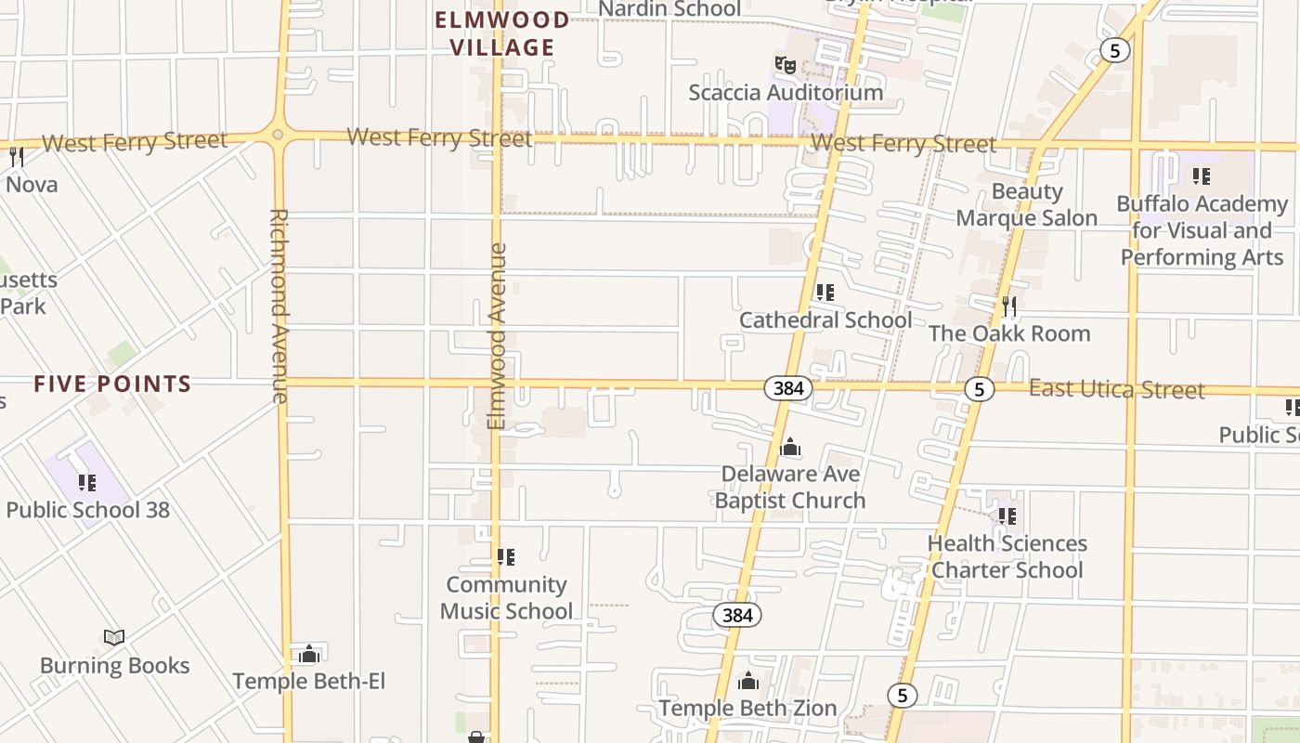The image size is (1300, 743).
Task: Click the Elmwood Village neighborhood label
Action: click(x=501, y=33)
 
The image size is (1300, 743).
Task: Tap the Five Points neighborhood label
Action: click(x=112, y=384)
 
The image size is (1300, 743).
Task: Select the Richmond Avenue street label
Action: click(x=279, y=305)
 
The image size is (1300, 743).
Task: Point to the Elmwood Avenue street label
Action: click(x=497, y=335)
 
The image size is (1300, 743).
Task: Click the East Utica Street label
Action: click(x=1116, y=389)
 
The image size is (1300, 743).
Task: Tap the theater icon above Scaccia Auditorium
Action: click(x=786, y=64)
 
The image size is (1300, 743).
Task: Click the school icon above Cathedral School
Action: click(x=825, y=293)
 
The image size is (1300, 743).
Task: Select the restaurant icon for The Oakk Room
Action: click(x=1008, y=306)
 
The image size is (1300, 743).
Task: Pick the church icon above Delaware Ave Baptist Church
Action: click(x=790, y=447)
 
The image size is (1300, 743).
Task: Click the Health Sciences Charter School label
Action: click(x=1007, y=556)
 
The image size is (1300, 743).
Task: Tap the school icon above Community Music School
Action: click(x=505, y=557)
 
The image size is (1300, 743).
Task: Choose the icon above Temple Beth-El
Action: click(x=309, y=654)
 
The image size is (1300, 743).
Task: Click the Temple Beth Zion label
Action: click(x=747, y=708)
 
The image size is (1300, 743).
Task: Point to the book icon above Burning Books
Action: click(x=114, y=637)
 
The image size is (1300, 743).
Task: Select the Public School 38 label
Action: click(x=87, y=510)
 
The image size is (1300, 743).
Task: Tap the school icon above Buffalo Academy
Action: click(x=1201, y=176)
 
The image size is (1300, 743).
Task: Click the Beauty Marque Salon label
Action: click(x=1026, y=204)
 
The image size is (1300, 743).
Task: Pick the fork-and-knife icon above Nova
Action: click(x=17, y=156)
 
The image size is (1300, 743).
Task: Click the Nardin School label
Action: click(x=669, y=9)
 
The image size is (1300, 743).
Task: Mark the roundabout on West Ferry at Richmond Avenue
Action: click(x=278, y=136)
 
